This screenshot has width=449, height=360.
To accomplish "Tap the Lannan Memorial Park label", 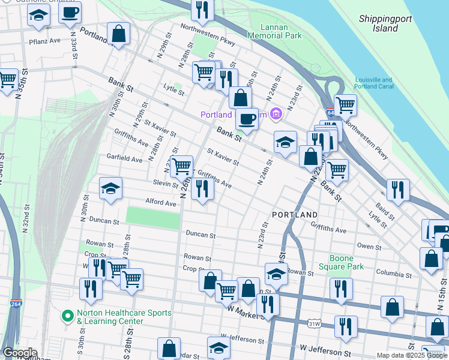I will [x=282, y=31].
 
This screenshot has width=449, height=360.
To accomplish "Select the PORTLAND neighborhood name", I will [x=295, y=214].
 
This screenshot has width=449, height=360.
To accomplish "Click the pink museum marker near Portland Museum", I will [x=276, y=113].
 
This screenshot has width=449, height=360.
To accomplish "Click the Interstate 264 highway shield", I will [x=16, y=304].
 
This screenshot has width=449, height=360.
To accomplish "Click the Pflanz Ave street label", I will [x=45, y=42].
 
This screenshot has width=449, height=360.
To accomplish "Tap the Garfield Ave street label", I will [x=124, y=160].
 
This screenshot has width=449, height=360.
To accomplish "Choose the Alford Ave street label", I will [x=160, y=203].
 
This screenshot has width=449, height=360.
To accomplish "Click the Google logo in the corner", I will [x=19, y=353].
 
